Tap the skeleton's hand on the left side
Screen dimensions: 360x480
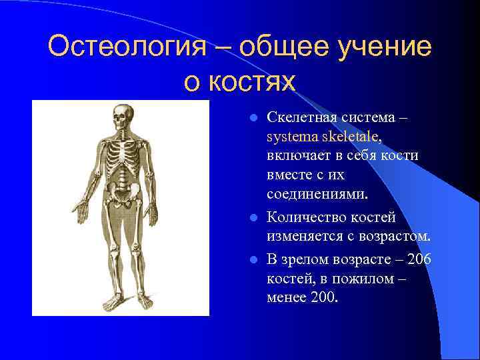81,212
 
